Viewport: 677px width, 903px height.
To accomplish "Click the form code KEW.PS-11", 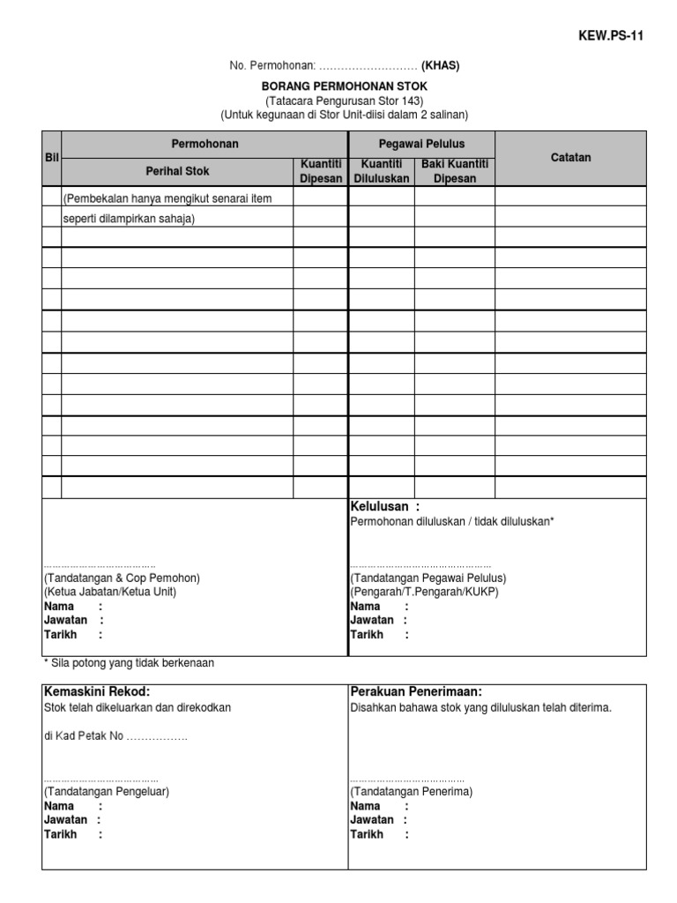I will pos(610,36).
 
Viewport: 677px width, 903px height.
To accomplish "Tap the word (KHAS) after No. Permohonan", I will pos(440,65).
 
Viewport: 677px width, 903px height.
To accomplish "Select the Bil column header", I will pos(50,158).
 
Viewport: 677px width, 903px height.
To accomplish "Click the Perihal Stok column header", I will pos(177,171).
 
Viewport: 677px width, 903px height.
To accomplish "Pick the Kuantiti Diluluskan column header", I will pos(381,171).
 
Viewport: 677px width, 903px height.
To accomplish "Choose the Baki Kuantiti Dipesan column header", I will pos(454,171).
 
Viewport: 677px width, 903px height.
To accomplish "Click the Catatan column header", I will pos(570,158).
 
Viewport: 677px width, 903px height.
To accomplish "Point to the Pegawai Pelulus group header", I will pos(421,144).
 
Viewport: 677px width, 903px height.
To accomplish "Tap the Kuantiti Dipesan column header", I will pos(321,171).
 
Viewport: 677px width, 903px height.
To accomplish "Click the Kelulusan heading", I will pos(385,506).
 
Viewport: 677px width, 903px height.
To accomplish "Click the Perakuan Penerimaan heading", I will pos(416,692).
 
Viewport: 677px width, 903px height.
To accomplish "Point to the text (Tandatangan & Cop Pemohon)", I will pos(122,578).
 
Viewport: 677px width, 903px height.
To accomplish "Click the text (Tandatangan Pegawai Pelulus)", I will pos(428,578).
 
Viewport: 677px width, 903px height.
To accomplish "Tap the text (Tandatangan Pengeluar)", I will pos(107,792).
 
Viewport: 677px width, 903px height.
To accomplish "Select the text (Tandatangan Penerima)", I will pos(412,792).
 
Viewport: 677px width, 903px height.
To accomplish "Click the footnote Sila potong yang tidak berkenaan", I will pos(129,662).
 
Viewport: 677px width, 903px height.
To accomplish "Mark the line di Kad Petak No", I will pos(115,735).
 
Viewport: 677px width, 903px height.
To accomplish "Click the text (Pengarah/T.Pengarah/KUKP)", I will pos(424,593).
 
